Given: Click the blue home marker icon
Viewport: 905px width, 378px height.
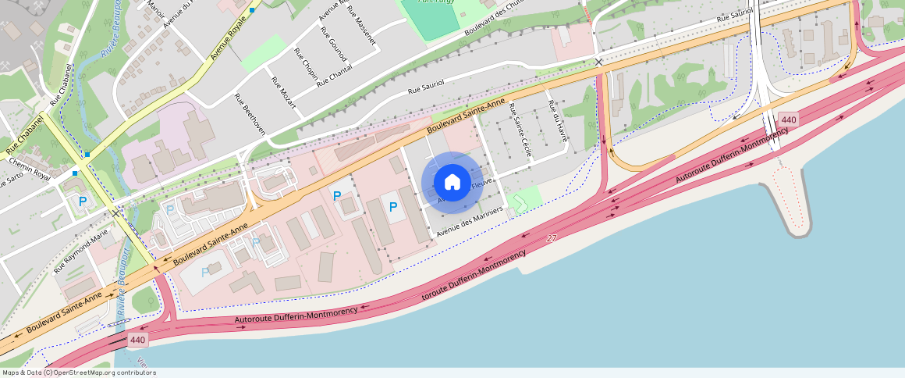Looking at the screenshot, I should click(x=452, y=183).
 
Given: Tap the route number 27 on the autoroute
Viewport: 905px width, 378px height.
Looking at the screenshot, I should click(x=552, y=238).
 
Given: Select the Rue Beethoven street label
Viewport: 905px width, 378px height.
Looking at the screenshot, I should click(x=250, y=114).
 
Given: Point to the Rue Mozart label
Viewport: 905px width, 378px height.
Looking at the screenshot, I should click(x=283, y=93).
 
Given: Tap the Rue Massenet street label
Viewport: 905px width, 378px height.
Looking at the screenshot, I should click(x=361, y=25).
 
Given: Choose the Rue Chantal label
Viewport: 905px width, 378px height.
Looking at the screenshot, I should click(x=335, y=77).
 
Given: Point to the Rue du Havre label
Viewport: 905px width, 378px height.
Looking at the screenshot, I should click(x=557, y=122).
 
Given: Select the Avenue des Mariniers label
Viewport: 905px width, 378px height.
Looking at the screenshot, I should click(x=469, y=223).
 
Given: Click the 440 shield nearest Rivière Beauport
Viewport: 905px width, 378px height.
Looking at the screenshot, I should click(x=138, y=340).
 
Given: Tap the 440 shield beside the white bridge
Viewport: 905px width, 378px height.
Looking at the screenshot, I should click(x=788, y=120).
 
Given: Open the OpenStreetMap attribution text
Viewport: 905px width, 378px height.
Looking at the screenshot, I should click(x=78, y=373).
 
